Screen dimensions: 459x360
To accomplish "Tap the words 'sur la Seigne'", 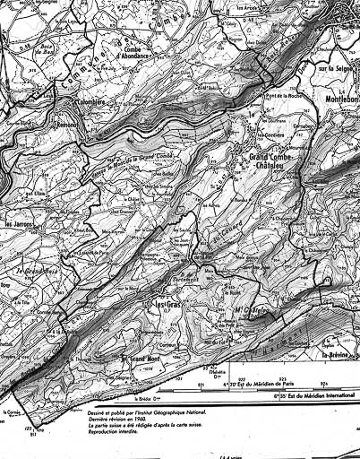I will [x=335, y=67].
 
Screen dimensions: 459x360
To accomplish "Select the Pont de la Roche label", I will [x=269, y=96].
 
